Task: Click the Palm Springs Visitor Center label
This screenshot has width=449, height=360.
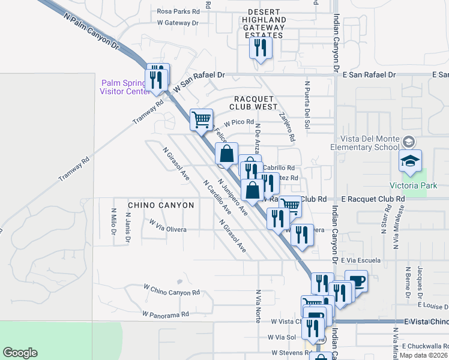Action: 125,87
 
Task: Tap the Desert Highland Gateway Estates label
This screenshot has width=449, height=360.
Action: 264,27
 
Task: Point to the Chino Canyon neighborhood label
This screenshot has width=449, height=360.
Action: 161,205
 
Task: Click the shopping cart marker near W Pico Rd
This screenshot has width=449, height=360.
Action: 202,119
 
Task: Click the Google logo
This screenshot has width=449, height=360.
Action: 20,353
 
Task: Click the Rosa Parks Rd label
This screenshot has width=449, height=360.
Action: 178,11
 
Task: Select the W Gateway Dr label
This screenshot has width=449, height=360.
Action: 178,23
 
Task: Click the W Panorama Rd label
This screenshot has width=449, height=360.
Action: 166,314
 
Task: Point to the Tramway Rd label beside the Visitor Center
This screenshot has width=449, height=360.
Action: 148,112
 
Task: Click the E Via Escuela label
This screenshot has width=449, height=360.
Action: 360,261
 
